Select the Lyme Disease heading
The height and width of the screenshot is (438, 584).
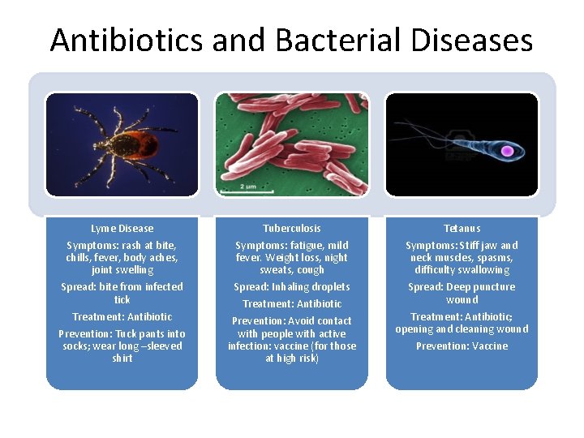122,229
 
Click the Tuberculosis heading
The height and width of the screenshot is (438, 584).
292,229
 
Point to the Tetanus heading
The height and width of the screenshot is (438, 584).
462,229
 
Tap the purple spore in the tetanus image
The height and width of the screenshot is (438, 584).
508,151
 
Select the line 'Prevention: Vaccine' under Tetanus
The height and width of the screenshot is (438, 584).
462,346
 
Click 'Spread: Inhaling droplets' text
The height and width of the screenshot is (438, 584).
292,287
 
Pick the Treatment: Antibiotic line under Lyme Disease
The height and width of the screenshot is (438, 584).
122,317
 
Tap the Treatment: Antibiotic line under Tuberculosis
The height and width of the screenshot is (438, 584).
292,304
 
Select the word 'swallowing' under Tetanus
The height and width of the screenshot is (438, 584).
483,270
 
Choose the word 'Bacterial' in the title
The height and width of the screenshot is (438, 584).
311,40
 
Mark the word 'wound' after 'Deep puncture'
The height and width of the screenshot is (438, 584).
462,300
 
